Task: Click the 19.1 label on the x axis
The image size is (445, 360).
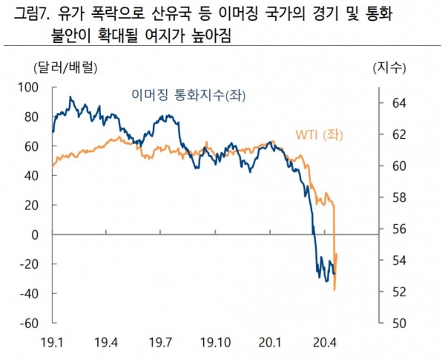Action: (53, 343)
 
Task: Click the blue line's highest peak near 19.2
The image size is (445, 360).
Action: (71, 96)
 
